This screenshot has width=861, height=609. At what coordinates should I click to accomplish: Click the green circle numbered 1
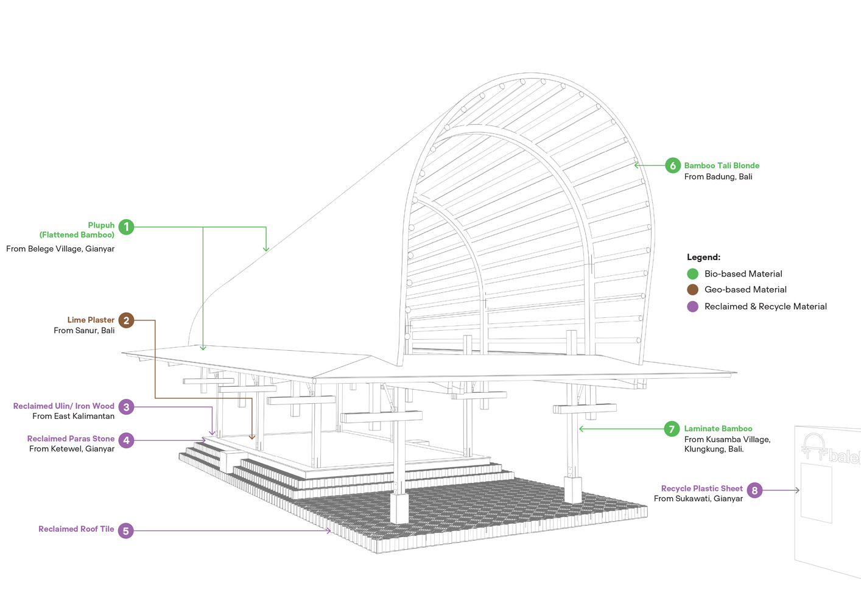(x=126, y=227)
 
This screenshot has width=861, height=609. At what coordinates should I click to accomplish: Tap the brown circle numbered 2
(x=126, y=320)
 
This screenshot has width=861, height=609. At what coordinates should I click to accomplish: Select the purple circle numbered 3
(x=126, y=407)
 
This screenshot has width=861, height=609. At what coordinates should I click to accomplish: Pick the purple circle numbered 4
(x=126, y=440)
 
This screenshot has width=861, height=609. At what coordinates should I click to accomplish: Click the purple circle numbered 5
(x=125, y=531)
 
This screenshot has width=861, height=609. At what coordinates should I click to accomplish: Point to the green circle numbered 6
(x=672, y=166)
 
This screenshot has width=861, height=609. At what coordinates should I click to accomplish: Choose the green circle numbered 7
(x=672, y=429)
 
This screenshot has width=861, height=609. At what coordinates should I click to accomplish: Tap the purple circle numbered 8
(x=754, y=490)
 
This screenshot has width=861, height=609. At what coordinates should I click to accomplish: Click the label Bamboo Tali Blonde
(x=722, y=166)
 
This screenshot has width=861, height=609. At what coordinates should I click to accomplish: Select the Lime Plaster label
(x=91, y=320)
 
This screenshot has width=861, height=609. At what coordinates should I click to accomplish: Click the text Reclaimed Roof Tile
(x=76, y=529)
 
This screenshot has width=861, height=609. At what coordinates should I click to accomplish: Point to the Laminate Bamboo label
(x=718, y=429)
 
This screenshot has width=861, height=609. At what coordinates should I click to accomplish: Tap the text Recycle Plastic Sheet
(x=701, y=488)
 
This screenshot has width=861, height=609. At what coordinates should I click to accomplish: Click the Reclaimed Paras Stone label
(x=71, y=438)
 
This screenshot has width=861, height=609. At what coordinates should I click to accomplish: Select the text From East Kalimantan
(x=73, y=417)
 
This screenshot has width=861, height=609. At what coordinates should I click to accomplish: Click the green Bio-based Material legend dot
(x=692, y=274)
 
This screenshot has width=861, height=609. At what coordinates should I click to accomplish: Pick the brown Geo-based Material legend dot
(x=692, y=290)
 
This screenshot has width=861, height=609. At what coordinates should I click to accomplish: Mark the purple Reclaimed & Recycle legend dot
(x=692, y=306)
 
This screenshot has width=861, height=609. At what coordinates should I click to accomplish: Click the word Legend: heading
(x=703, y=258)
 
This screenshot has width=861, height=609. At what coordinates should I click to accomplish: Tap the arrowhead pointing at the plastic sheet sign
(x=797, y=490)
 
